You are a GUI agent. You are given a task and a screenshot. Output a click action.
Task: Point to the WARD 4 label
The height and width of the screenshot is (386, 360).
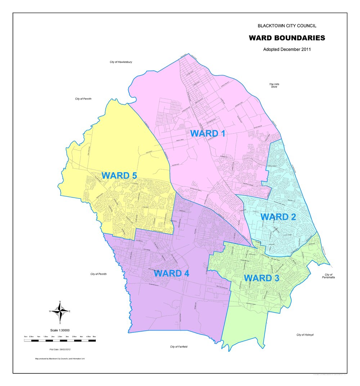coord(171,273)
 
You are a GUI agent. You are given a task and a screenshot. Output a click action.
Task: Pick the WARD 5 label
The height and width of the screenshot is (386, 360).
coord(119,176)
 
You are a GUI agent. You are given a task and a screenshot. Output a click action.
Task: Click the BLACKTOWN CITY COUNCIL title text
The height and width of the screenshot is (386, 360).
coord(287,26)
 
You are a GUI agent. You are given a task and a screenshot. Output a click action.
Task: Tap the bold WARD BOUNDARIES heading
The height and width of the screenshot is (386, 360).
coord(287,38)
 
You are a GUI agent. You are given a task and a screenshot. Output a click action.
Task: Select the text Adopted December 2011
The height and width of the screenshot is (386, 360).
coord(287,49)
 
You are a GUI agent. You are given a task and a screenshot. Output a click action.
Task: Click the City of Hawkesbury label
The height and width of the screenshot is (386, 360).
coord(121,62)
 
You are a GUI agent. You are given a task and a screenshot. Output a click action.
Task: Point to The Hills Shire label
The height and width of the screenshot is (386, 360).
coord(274,85)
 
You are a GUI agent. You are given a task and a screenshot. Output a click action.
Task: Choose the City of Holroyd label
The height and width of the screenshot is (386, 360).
coord(305,335)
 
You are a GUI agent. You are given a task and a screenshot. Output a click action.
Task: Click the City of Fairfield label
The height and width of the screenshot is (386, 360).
coord(179,347)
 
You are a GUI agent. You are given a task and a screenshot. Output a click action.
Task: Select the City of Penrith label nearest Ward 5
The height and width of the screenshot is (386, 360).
coord(84,99)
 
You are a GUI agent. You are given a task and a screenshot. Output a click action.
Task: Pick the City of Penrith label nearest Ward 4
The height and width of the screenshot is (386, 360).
coord(99,274)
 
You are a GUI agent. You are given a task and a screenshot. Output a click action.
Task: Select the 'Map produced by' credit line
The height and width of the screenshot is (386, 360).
coord(60,359)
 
